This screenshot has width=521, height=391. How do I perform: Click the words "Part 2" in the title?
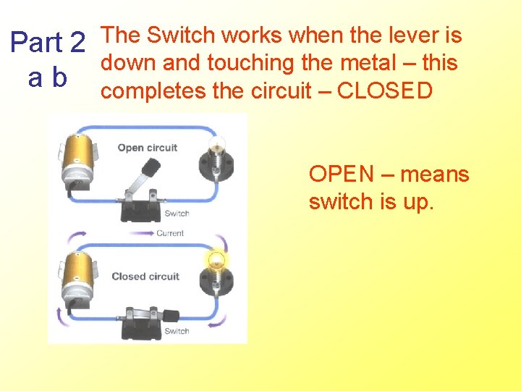coord(48,43)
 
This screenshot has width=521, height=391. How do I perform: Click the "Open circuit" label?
coord(147,148)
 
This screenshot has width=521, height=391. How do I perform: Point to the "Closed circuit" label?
coord(145,276)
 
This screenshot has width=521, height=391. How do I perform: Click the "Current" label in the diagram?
coord(170,233)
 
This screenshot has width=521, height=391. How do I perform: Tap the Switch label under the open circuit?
coord(177,213)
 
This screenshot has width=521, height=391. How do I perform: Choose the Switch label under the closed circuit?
coord(177,331)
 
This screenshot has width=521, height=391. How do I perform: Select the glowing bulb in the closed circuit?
coord(216,261)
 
